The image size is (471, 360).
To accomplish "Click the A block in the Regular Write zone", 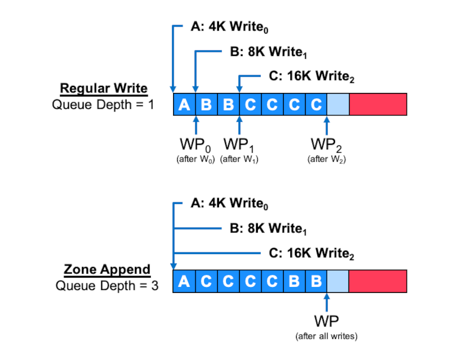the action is coord(184,104).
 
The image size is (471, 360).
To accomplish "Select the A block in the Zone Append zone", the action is coord(184,281).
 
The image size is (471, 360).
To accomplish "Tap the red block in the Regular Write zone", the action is coord(378,104).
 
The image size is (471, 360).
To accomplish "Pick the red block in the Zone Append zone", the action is coord(377,281).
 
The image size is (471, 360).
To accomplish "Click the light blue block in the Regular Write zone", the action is coord(338,104).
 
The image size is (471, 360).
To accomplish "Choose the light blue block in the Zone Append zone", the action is coord(337,281).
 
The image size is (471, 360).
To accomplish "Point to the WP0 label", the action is coord(195,145).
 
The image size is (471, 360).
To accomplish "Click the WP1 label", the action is coord(239,145).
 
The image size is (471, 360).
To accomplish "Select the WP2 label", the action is coord(327,145).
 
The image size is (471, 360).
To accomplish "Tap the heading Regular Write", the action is coord(104,88).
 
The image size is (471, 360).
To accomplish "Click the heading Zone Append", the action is coord(107,269).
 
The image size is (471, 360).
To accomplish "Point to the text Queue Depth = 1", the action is coord(103,105).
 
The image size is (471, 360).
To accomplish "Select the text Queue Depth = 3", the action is coord(107,286).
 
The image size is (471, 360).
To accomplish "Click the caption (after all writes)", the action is coord(327,336).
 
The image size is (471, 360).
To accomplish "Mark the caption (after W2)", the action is coord(327,159).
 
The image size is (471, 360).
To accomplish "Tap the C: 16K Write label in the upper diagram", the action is coord(311,76).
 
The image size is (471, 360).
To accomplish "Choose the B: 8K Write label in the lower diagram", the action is coord(268,229).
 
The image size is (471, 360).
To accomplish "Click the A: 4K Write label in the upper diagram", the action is coord(230,26).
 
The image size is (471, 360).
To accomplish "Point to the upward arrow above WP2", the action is coord(327,125).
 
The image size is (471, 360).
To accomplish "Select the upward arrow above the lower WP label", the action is coord(327,302).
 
